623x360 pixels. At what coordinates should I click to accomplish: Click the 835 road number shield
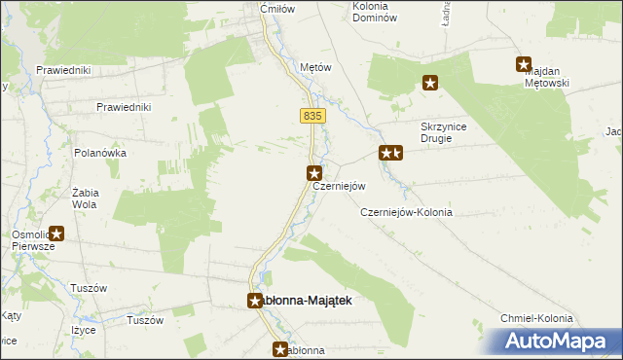311,116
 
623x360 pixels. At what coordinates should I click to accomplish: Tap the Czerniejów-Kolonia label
406,212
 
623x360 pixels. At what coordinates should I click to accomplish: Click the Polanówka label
100,154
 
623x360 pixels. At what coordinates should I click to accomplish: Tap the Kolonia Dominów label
374,12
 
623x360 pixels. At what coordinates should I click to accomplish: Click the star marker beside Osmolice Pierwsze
56,234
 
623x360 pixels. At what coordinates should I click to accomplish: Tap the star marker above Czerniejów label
314,173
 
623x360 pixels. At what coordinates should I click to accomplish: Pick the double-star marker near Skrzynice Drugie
390,153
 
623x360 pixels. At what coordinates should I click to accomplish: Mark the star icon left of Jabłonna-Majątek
255,301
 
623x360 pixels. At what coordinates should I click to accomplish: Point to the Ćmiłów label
276,9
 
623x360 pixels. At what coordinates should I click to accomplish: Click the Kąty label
11,316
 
